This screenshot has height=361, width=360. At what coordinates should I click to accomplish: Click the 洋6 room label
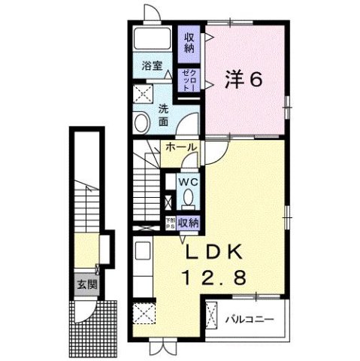point(243,79)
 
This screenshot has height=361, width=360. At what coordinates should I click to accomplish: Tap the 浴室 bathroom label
point(153,65)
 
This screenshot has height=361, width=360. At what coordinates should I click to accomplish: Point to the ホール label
point(181,146)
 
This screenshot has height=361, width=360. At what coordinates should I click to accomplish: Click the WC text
point(187,182)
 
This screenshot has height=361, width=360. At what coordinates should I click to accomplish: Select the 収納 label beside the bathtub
point(187,40)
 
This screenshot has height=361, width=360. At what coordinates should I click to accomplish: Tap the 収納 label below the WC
point(189,222)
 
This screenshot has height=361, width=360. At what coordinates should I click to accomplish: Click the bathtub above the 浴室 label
point(153,41)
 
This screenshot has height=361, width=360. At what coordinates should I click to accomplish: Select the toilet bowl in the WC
point(188,197)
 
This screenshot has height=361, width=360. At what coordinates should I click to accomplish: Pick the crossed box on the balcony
point(213,314)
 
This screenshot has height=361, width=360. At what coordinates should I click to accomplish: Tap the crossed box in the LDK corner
point(143,314)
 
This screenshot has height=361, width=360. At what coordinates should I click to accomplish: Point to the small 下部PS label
point(171,222)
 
